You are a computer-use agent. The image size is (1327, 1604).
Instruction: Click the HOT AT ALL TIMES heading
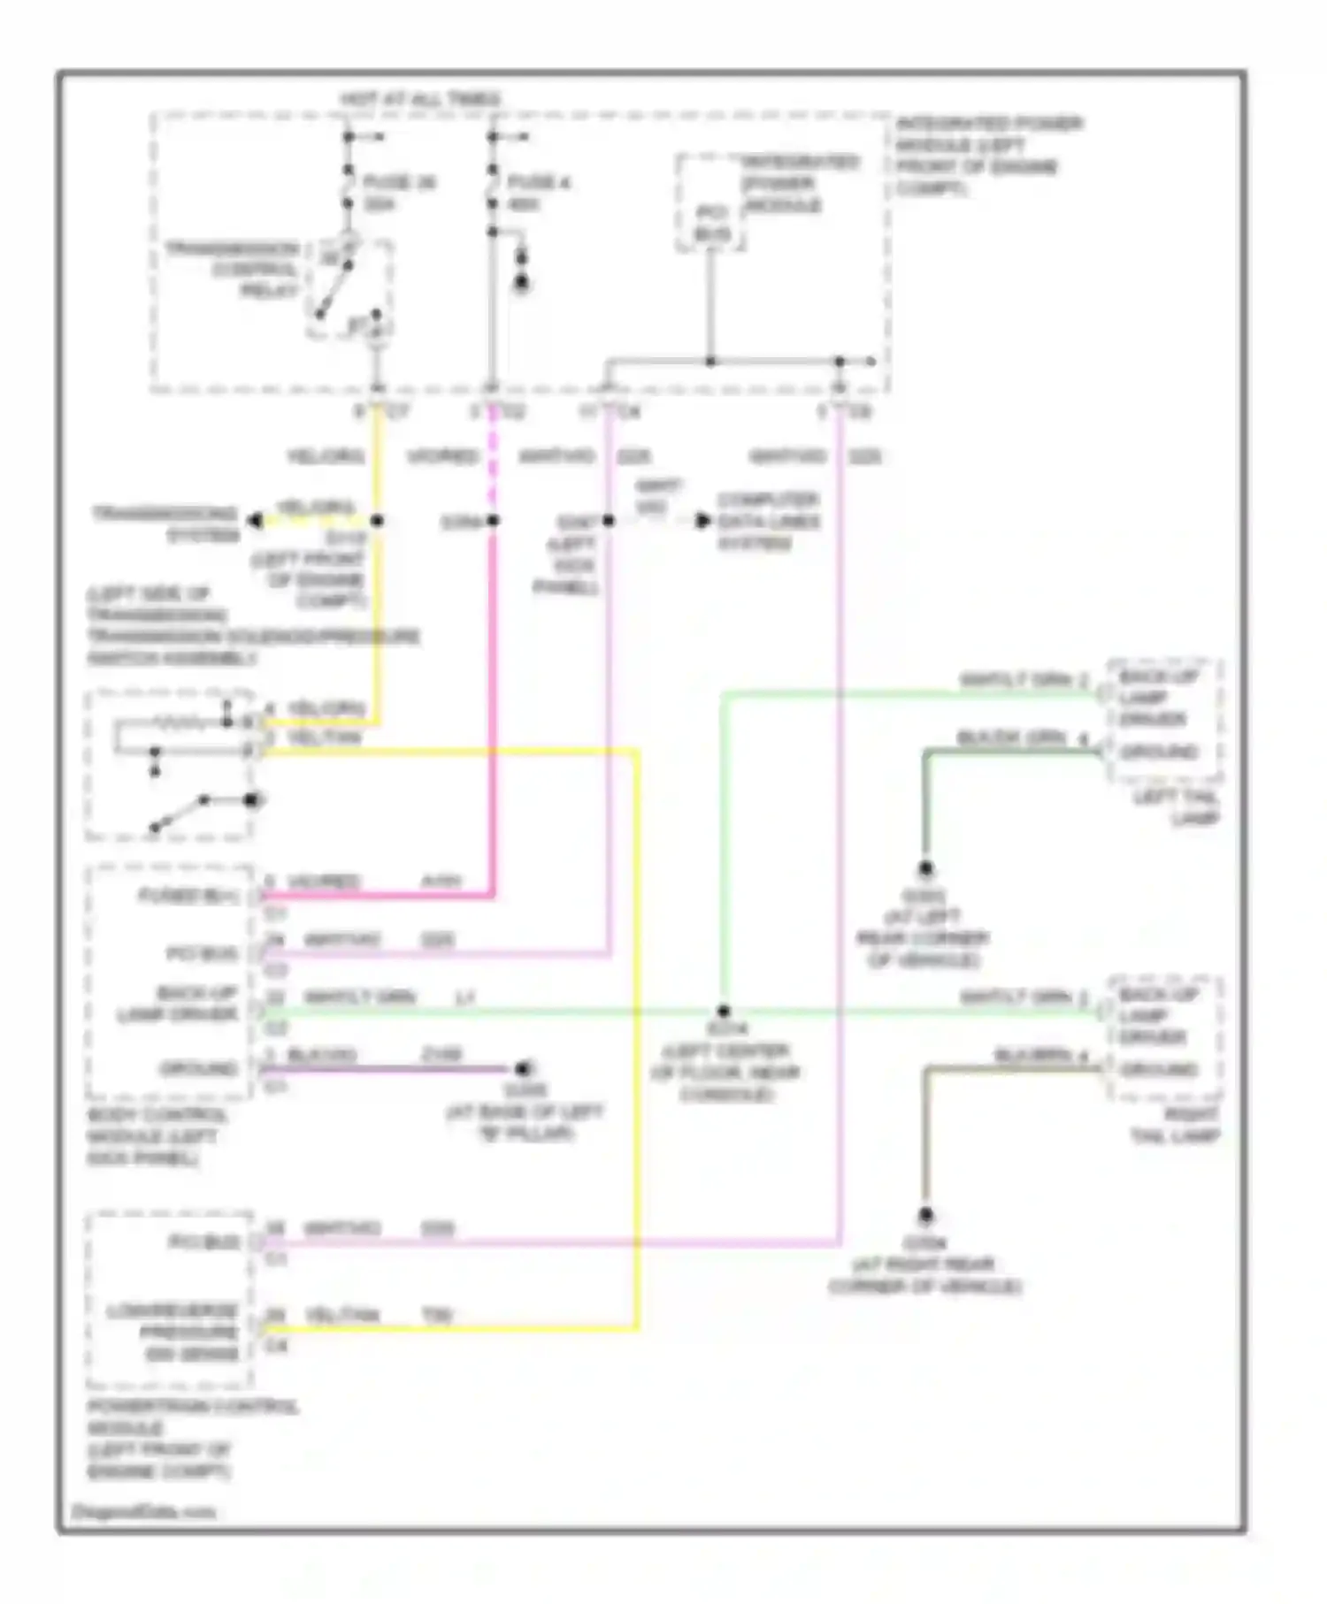pos(420,100)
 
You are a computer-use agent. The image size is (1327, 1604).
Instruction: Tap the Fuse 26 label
pos(399,193)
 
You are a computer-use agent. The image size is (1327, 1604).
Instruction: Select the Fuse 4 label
pos(538,193)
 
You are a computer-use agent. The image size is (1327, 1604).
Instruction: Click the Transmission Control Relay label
pos(234,269)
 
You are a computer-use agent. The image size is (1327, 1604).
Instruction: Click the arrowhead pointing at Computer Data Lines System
pos(703,521)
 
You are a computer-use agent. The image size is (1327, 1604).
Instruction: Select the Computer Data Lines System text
pos(768,522)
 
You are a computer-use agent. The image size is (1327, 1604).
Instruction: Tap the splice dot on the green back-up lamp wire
pos(724,1011)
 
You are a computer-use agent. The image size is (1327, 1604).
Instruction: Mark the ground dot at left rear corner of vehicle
pos(925,868)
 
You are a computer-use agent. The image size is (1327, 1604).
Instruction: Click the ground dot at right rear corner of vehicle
pos(925,1215)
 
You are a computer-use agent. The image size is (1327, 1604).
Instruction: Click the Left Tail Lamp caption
pos(1176,808)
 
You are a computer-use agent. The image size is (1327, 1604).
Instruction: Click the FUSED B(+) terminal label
pos(188,897)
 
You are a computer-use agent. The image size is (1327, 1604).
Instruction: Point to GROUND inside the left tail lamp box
pos(1159,752)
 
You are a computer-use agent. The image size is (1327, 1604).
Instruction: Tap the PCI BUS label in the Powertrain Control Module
pos(203,1242)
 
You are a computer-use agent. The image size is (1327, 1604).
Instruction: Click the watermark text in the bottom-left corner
pos(142,1512)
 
